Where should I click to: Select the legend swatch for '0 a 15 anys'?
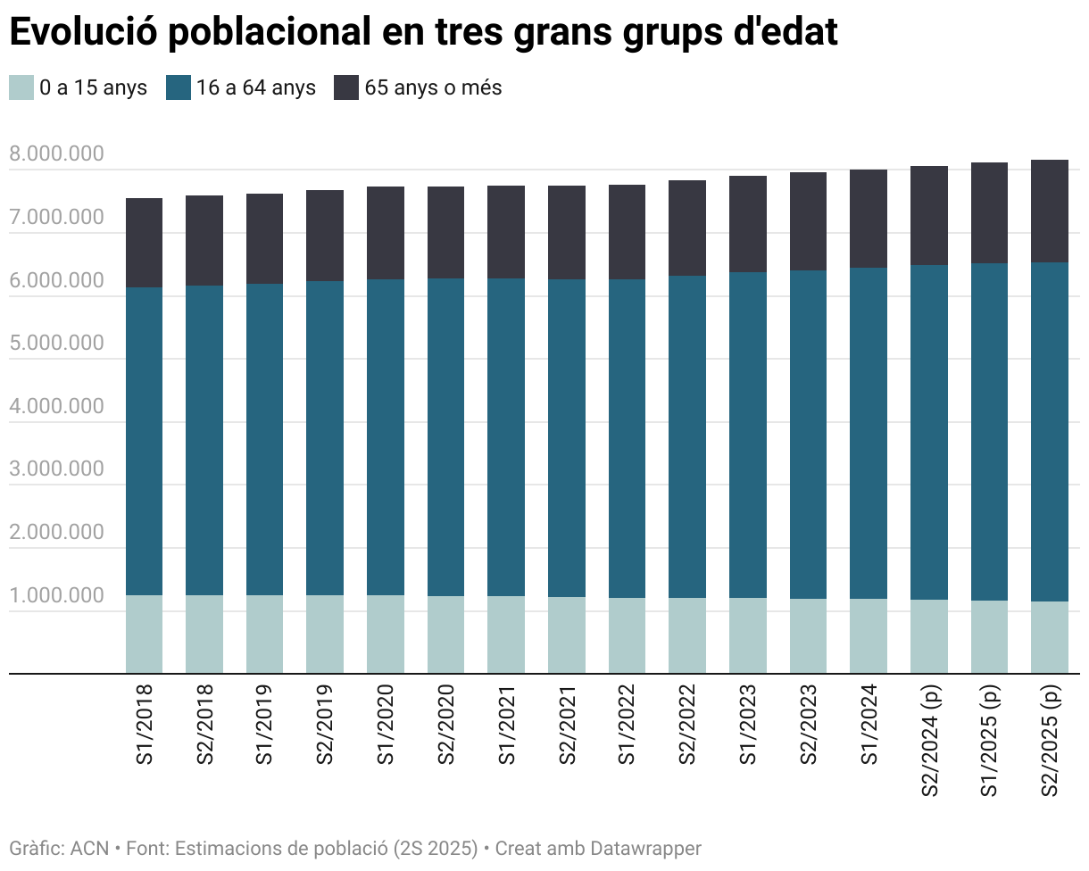21,87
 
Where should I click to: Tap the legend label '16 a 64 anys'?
256,87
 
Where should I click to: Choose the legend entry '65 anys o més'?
433,87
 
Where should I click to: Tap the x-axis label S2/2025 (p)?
1050,741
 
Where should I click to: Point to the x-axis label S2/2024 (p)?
929,741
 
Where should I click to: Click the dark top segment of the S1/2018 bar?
144,243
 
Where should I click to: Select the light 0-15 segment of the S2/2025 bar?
1050,637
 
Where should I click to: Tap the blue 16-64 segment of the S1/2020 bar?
386,437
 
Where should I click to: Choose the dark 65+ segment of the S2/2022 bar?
687,228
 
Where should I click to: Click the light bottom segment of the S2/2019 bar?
325,634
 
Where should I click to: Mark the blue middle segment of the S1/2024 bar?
869,433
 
